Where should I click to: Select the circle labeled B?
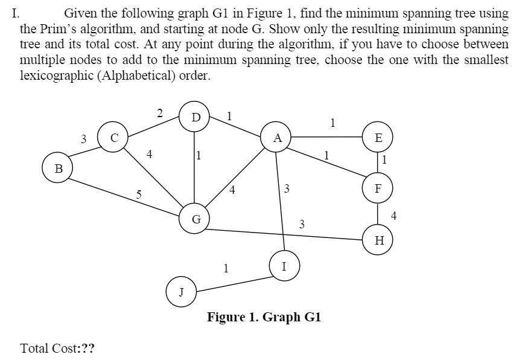(x=57, y=167)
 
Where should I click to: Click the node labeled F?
(x=378, y=188)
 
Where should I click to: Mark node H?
(x=378, y=240)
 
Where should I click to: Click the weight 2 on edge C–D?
(x=159, y=112)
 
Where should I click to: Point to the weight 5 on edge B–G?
(x=139, y=194)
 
